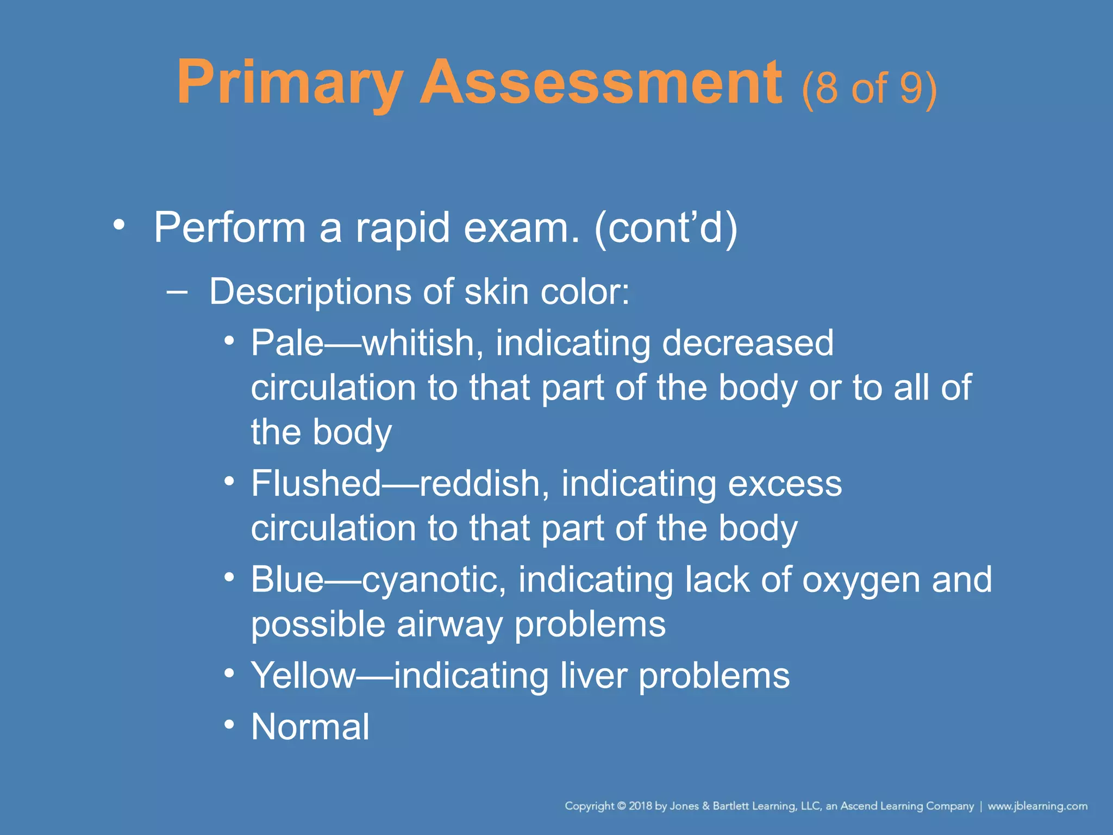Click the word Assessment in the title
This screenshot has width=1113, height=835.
(x=601, y=83)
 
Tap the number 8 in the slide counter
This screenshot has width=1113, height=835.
(x=826, y=88)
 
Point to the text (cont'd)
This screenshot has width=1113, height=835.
(x=666, y=227)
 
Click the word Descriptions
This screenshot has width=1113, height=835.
(x=310, y=292)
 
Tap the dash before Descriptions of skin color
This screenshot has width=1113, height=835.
(x=177, y=292)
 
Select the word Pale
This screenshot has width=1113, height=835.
(x=287, y=343)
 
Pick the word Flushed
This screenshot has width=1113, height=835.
(x=316, y=483)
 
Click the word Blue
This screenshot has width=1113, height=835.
(x=287, y=579)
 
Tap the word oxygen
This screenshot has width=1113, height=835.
(x=861, y=581)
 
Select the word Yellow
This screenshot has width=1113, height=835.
(x=302, y=676)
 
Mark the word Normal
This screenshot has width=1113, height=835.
(x=310, y=727)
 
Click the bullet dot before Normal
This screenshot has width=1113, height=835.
(x=229, y=725)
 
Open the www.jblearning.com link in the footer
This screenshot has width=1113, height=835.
(x=1037, y=806)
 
